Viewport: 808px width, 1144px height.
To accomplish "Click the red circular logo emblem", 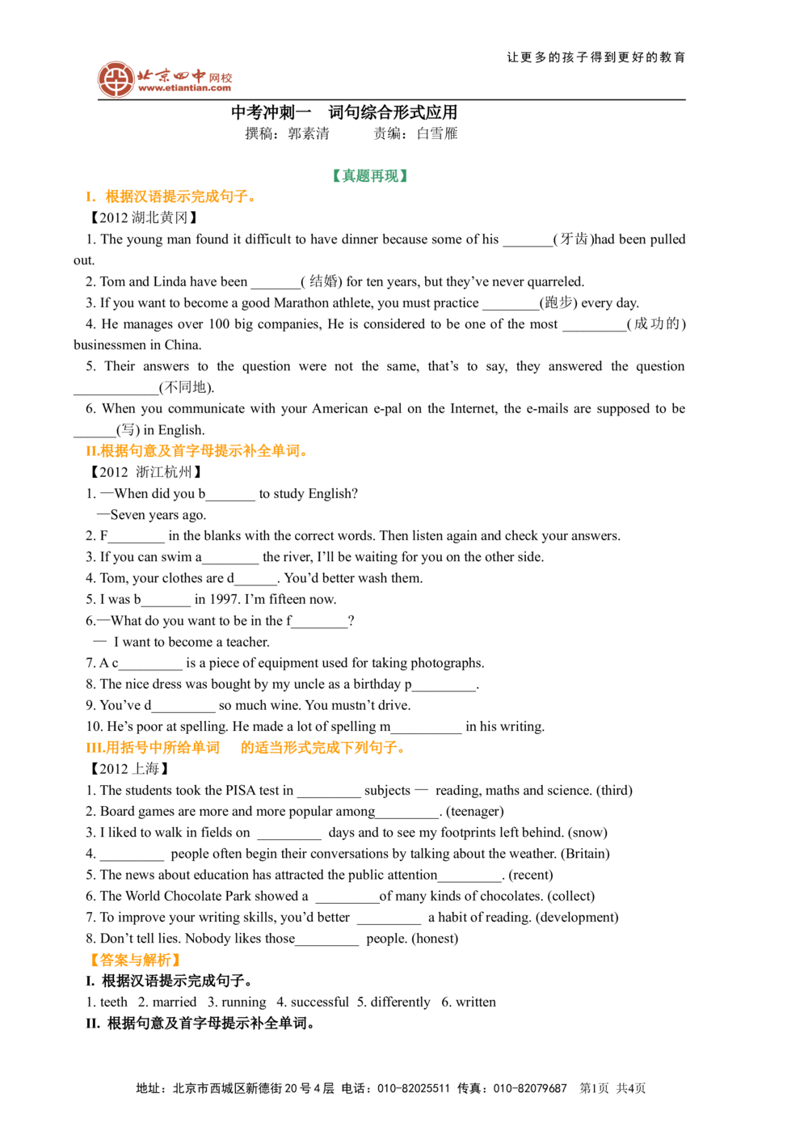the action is [116, 79].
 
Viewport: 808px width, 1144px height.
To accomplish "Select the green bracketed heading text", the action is [368, 175].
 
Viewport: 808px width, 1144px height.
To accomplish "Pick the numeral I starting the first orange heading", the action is [89, 196].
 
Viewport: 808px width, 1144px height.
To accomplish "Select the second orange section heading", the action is [196, 451].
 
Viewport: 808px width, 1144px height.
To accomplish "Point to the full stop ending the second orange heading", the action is [305, 454].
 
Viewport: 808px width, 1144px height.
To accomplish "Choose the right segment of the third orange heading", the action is [322, 748].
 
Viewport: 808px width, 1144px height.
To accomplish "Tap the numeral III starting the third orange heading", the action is [91, 748].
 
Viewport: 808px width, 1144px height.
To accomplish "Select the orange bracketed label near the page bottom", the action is [135, 960].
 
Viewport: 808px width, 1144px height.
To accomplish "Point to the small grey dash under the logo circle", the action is [116, 102].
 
